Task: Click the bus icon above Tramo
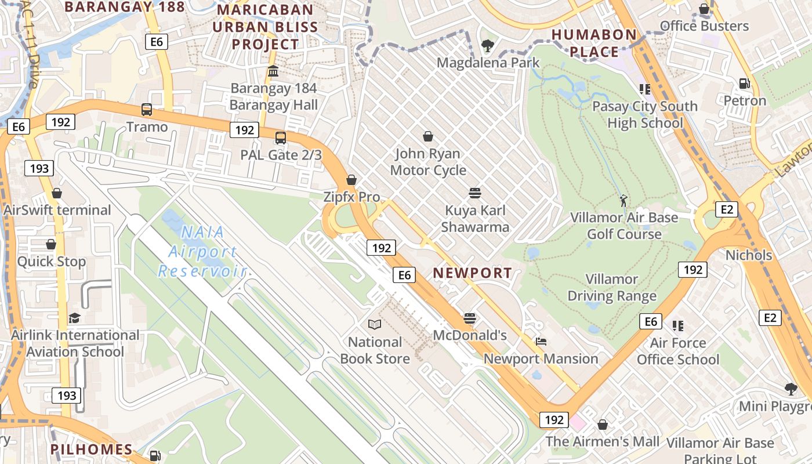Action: point(147,109)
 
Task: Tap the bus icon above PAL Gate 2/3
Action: point(281,137)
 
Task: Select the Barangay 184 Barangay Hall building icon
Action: point(273,71)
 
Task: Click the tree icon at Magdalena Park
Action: point(488,45)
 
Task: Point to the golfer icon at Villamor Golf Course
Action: point(623,201)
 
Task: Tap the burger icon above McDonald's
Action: point(470,318)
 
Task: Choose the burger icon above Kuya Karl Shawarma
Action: point(474,193)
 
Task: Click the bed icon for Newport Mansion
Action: point(541,342)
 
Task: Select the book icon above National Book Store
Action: point(375,325)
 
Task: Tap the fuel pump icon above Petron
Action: point(745,84)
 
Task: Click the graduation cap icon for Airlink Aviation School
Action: point(75,318)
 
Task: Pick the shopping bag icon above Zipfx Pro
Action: point(351,180)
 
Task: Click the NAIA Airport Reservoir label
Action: point(202,252)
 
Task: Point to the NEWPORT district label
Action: point(473,273)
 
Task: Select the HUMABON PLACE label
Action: point(594,43)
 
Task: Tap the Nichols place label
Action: point(749,255)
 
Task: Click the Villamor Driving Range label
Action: point(612,288)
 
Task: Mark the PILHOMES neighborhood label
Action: point(91,449)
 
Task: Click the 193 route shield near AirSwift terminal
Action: point(39,169)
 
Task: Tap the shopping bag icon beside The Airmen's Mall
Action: point(603,425)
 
